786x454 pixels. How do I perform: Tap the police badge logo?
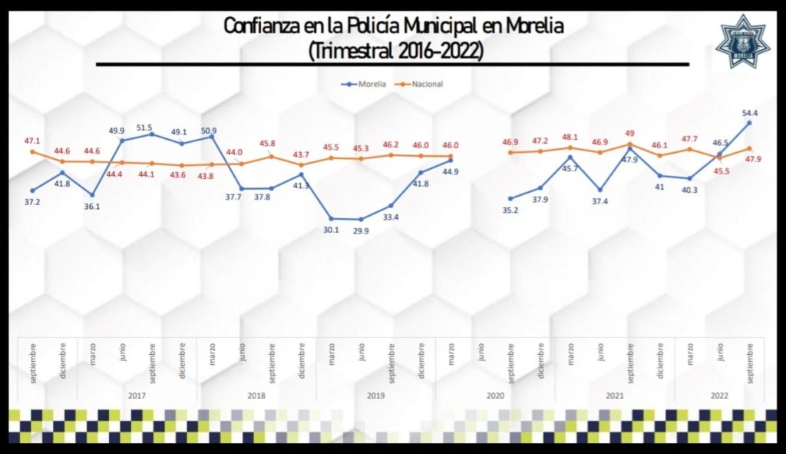tap(742, 42)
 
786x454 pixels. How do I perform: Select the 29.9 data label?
tap(361, 230)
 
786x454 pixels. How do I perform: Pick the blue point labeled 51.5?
tap(152, 134)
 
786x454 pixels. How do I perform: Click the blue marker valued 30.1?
tap(332, 218)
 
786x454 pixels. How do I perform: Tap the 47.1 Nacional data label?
tap(32, 141)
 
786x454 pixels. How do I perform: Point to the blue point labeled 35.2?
tap(510, 198)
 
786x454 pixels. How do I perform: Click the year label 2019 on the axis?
tap(376, 396)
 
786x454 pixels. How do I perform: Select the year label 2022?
tap(719, 396)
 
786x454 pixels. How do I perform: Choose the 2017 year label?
tap(137, 396)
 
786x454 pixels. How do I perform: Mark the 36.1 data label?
tap(92, 206)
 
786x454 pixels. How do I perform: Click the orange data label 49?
tap(629, 133)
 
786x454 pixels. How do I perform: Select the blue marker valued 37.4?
tap(600, 189)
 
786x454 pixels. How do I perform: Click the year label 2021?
tap(615, 396)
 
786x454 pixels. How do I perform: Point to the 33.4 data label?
tap(391, 217)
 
